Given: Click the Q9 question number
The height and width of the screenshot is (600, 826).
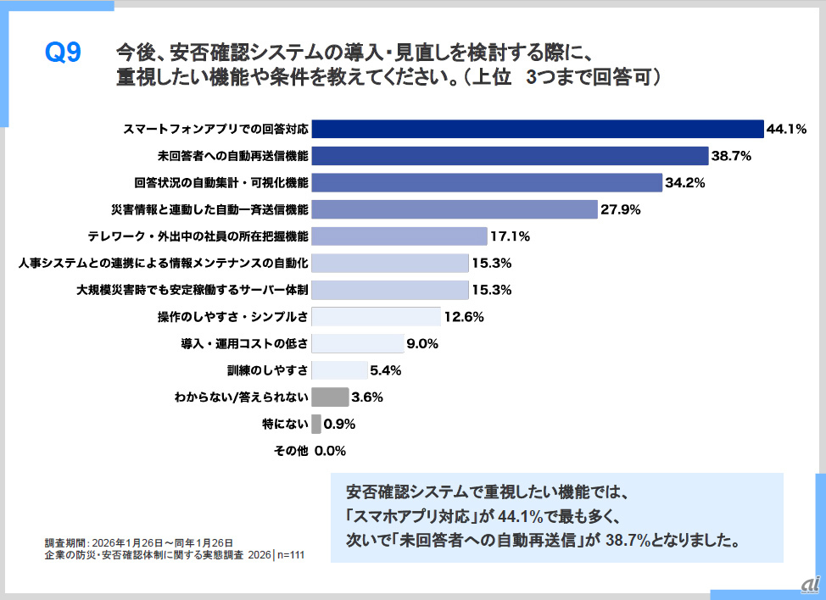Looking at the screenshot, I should click(x=62, y=53).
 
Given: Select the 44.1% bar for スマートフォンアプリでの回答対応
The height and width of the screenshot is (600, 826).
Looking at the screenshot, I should click(x=538, y=129).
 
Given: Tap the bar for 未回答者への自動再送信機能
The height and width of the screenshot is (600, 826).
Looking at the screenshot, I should click(x=510, y=156).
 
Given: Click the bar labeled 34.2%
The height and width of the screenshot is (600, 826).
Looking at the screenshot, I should click(x=487, y=182).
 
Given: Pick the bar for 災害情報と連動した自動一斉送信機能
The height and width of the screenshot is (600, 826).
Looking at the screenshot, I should click(x=455, y=209).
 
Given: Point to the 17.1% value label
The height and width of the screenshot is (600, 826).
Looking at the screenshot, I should click(x=511, y=236).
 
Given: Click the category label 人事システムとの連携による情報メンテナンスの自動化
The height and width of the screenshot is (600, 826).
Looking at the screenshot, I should click(x=162, y=263).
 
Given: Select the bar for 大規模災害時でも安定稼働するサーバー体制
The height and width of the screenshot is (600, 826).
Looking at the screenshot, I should click(x=390, y=290).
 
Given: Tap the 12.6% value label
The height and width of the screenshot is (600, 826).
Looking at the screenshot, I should click(x=463, y=317).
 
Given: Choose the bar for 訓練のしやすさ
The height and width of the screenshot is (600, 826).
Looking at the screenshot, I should click(x=338, y=370).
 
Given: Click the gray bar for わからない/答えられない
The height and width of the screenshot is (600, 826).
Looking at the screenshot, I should click(x=330, y=397).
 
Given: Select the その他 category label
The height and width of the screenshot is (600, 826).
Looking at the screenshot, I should click(x=290, y=451).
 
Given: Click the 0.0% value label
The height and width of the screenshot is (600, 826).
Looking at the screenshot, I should click(x=330, y=451).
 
